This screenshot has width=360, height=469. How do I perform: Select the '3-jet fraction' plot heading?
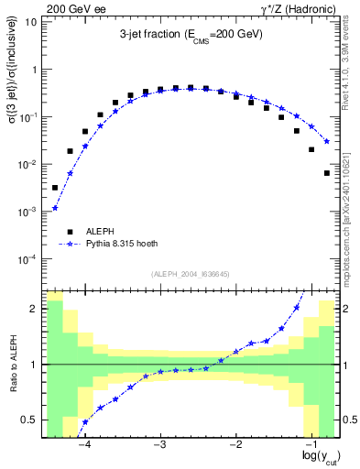pos(191,34)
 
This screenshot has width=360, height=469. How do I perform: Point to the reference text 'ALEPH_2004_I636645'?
pos(190,273)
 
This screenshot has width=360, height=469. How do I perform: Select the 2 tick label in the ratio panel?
pos(34,309)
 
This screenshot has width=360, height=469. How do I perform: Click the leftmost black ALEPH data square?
pos(55,188)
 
